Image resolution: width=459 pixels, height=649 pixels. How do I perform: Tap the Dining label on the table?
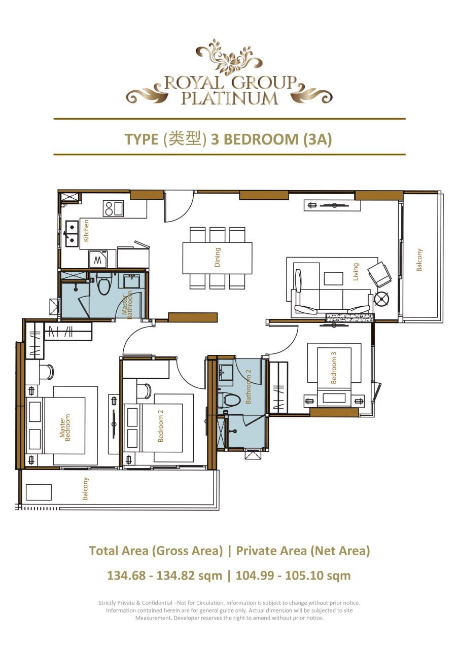(x=218, y=257)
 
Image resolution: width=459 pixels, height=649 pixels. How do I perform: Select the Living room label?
(x=356, y=272)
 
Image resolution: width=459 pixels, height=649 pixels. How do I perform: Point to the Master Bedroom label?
(x=65, y=427)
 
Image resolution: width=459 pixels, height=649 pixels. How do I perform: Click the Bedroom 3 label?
(x=334, y=370)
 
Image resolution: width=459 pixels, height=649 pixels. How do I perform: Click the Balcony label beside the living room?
(x=419, y=260)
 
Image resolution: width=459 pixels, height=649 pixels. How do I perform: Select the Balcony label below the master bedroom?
(x=86, y=489)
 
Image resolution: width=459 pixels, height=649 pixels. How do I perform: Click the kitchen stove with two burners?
(x=113, y=208)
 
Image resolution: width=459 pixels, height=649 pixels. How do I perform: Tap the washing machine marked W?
(x=97, y=261)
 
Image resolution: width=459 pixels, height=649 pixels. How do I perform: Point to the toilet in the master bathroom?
(x=104, y=285)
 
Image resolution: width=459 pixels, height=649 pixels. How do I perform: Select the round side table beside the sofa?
(x=381, y=299)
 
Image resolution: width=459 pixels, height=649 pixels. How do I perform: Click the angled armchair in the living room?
(x=379, y=274)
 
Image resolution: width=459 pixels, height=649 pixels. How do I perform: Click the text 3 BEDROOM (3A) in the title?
(x=271, y=139)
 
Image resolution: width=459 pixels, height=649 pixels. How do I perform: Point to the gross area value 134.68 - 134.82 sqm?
(x=164, y=575)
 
